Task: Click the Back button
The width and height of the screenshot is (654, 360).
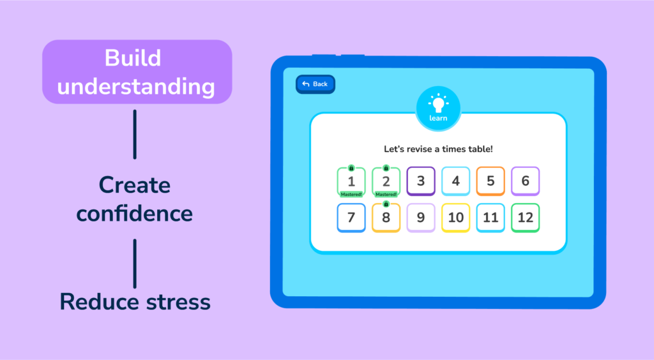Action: tap(316, 84)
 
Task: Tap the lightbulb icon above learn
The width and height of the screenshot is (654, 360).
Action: tap(438, 103)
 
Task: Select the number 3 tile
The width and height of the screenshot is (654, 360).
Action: tap(421, 181)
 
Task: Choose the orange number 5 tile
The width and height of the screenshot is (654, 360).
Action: tap(490, 181)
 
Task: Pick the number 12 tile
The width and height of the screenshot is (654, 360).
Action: tap(525, 218)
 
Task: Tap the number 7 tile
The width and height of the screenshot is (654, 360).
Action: tap(351, 218)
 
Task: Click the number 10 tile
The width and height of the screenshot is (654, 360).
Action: tap(455, 218)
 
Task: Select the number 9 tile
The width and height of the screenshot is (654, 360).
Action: tap(421, 218)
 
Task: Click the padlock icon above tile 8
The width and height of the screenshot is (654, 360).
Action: tap(386, 204)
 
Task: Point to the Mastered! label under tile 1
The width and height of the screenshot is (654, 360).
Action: tap(351, 194)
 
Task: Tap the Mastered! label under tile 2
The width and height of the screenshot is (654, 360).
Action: tap(386, 194)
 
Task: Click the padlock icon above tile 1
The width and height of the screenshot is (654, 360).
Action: tap(351, 168)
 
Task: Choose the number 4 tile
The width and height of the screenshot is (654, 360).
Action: tap(455, 181)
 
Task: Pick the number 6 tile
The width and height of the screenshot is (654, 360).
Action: tap(525, 181)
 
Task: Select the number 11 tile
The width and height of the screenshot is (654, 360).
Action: tap(490, 218)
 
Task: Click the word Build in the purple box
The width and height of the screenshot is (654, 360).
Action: tap(133, 58)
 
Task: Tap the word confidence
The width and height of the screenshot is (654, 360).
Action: tap(134, 213)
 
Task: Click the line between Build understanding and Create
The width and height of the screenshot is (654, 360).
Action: tap(135, 134)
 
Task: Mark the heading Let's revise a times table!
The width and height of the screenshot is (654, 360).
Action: tap(438, 149)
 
